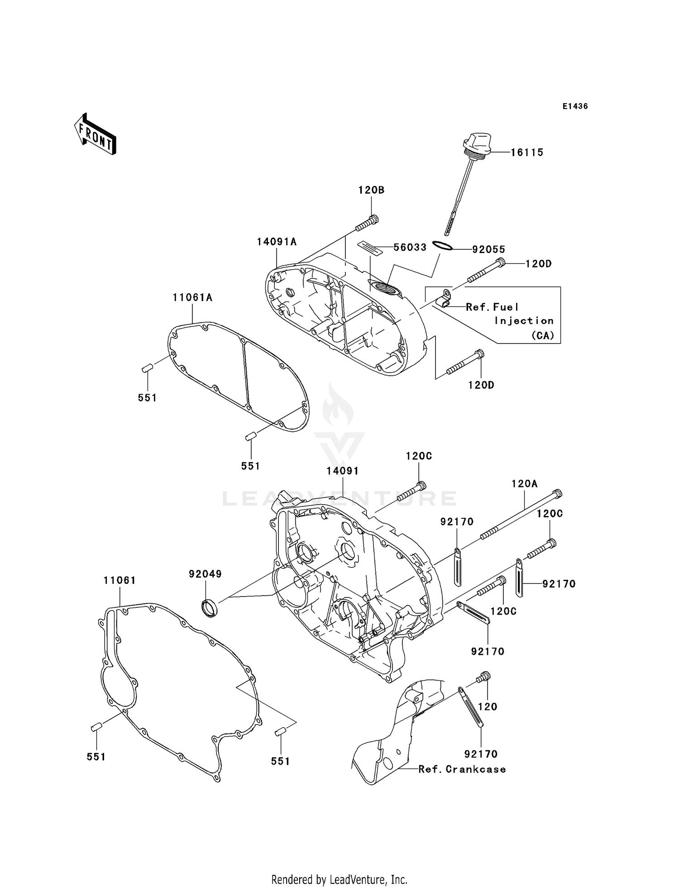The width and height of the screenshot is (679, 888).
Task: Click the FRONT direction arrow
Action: pos(96,134)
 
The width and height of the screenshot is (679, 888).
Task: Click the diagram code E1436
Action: pos(575,106)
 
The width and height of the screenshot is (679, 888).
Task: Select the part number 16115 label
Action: pos(527,153)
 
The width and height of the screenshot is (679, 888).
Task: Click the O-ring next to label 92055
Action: pos(442,246)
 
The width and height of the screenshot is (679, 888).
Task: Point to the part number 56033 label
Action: pos(410,248)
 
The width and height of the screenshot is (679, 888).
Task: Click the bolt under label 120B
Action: pos(367,223)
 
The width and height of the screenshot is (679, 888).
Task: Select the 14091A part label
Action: pos(277,242)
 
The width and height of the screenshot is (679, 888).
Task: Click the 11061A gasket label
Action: pos(192,298)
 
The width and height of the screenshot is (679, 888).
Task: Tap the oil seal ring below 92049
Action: pos(209,607)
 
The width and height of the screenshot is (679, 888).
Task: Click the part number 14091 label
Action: pos(343,471)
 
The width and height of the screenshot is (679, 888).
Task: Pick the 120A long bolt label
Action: pos(524,484)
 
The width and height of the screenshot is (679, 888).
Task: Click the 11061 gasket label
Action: pos(120,580)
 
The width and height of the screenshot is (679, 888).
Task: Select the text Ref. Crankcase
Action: pos(462,769)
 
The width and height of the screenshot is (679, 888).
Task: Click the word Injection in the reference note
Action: pos(524,321)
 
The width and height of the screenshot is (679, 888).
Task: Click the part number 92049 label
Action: pos(205,574)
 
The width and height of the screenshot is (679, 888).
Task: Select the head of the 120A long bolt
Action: pos(558,494)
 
